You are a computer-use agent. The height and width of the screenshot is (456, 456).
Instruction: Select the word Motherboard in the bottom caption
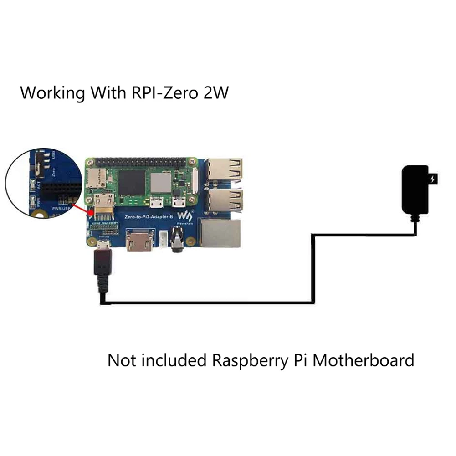(364, 360)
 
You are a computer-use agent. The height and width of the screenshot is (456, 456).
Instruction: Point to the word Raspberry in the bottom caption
(249, 361)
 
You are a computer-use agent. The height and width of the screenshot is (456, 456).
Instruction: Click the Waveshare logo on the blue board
(186, 216)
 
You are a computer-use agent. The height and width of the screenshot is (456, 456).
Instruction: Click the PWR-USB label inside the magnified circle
(61, 209)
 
